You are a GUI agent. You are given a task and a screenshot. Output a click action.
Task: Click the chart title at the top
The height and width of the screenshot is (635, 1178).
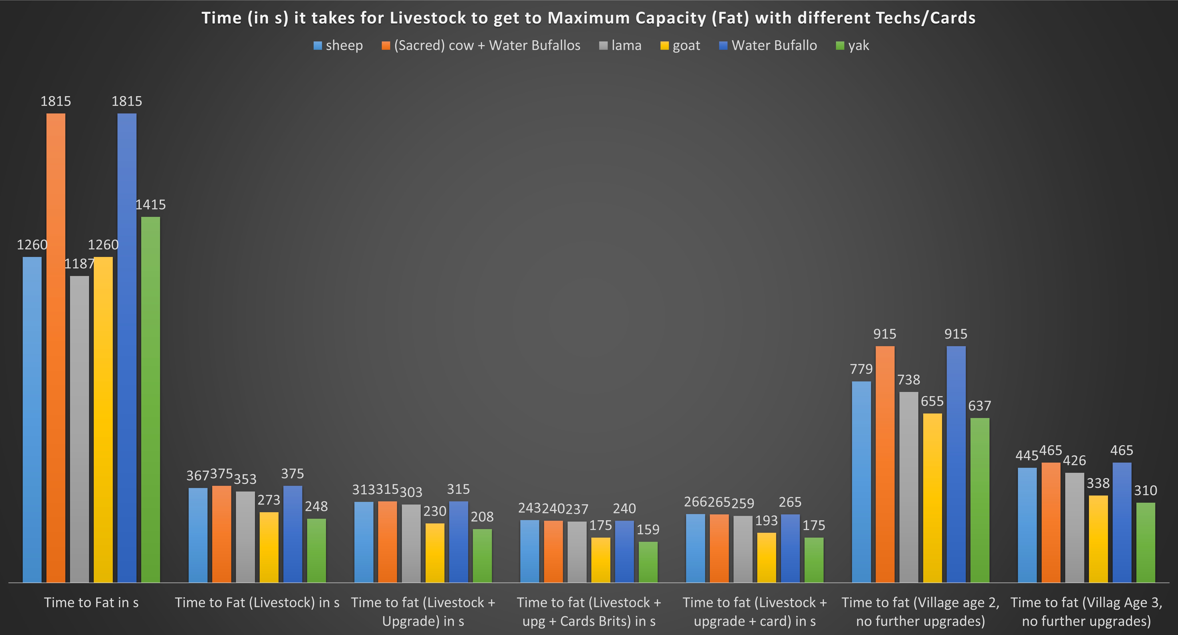(x=588, y=18)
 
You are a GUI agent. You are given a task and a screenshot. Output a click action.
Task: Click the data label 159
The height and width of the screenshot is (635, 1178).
(x=648, y=529)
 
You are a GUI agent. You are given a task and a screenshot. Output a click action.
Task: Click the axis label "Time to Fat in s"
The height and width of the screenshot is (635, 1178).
(x=91, y=603)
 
